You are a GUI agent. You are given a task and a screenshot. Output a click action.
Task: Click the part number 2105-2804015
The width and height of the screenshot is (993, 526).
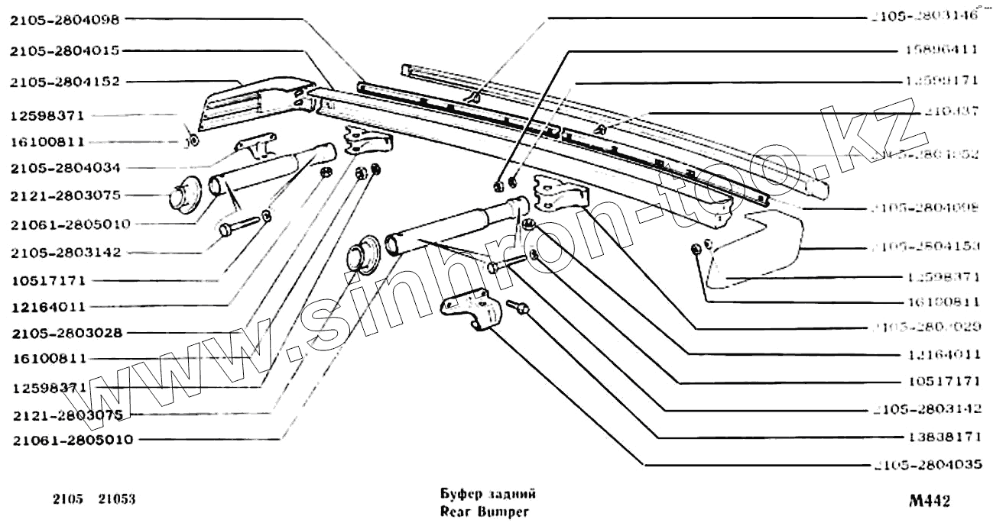pos(65,51)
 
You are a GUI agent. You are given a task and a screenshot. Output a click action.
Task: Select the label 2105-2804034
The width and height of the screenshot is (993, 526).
pos(65,167)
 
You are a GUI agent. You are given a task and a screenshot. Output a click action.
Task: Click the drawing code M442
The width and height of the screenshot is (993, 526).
pos(930,502)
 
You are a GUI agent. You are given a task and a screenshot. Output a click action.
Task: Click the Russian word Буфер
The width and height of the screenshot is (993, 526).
pos(461,494)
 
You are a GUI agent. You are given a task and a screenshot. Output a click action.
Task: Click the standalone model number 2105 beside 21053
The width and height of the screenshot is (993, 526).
pos(68,501)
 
